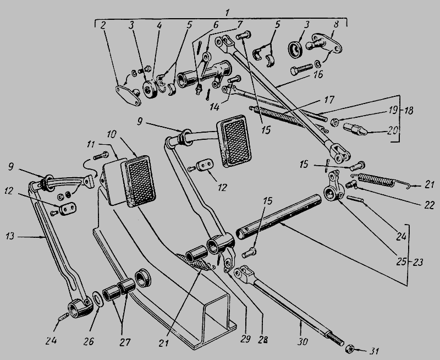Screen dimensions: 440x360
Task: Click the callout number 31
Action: coord(375,351)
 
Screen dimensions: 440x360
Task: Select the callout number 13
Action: coord(10,236)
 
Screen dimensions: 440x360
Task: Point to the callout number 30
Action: coord(303,341)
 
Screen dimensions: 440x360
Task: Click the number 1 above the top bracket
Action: coord(227,13)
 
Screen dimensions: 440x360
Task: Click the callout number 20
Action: coord(393,130)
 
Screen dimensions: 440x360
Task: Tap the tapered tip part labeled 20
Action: coord(355,129)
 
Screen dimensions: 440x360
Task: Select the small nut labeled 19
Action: coord(334,122)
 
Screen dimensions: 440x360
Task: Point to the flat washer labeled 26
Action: coord(98,299)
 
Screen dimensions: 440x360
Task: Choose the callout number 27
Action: coord(125,342)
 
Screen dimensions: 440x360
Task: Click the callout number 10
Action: coord(111,134)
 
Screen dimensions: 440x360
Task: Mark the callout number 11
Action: coord(91,144)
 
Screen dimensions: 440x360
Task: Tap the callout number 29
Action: coord(245,339)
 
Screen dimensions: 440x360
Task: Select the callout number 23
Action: coord(417,262)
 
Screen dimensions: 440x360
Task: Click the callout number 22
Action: coord(429,205)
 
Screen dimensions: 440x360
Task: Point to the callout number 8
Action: coord(335,24)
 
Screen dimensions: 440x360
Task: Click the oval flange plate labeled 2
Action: coord(128,95)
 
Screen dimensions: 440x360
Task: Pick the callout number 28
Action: coord(262,340)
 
